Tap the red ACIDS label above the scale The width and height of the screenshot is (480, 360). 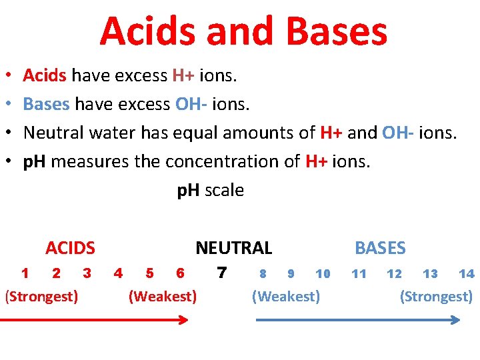click(x=70, y=249)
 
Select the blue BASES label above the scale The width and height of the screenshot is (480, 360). click(x=380, y=249)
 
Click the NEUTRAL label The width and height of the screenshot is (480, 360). click(x=233, y=249)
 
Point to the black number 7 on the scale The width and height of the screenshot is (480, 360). click(x=222, y=273)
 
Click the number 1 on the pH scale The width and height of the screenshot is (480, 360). click(x=25, y=273)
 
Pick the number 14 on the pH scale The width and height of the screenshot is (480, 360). click(x=466, y=273)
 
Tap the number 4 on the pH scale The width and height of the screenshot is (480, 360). click(x=118, y=273)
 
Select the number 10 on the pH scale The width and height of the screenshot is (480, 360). click(x=323, y=273)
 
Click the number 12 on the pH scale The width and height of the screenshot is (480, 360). click(x=394, y=273)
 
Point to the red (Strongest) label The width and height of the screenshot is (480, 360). click(x=41, y=296)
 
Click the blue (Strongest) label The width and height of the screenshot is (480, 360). click(x=436, y=296)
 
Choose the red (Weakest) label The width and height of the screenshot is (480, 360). click(x=162, y=296)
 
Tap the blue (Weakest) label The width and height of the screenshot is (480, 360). click(x=285, y=296)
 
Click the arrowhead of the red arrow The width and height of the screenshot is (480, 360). click(x=185, y=320)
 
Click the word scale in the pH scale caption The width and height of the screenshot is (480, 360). click(x=224, y=191)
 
